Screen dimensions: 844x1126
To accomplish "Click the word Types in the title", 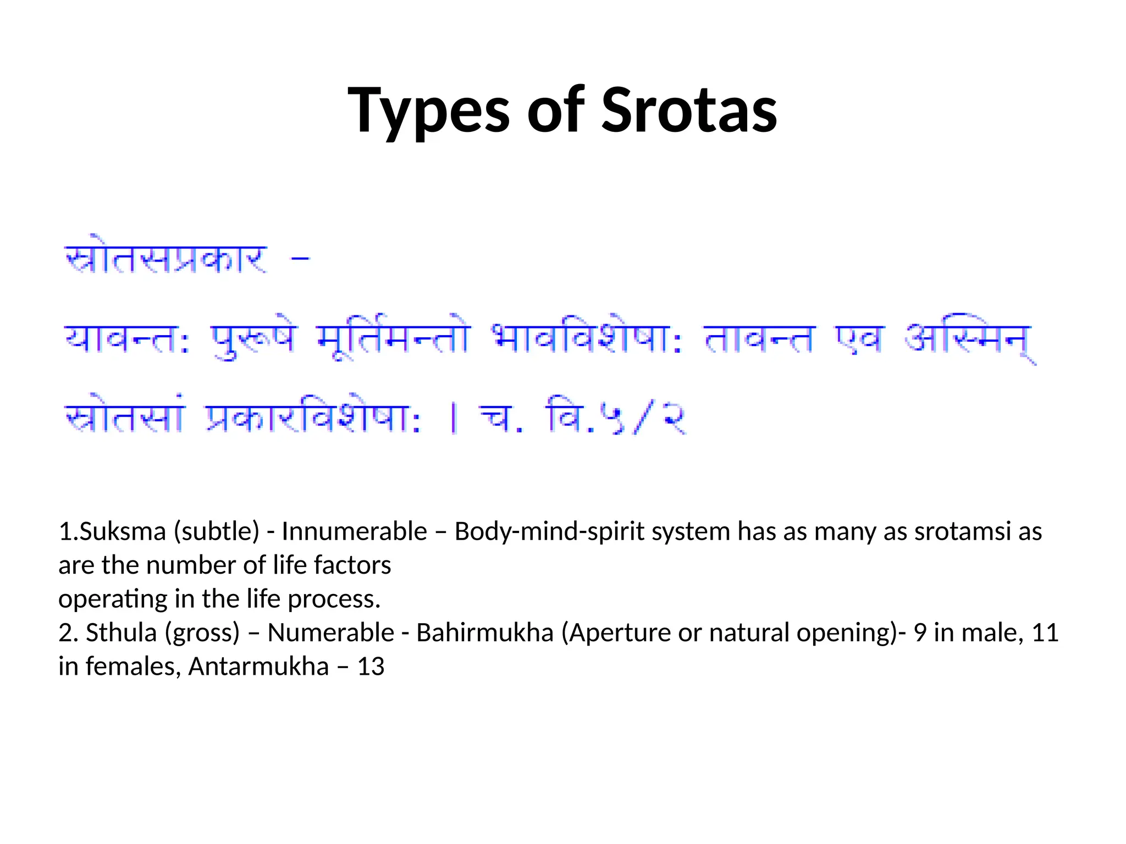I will (429, 112).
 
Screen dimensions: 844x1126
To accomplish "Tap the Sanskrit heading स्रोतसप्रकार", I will (166, 259).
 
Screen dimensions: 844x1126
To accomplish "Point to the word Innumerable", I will (354, 531).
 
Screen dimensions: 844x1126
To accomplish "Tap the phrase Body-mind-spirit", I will (549, 531).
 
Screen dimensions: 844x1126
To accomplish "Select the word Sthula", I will (121, 632).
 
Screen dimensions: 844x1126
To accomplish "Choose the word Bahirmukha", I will (484, 632).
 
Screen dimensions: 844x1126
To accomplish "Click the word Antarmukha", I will (258, 667).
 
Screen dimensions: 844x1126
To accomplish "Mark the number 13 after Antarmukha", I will (371, 667).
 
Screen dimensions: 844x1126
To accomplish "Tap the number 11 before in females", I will (1045, 632).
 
